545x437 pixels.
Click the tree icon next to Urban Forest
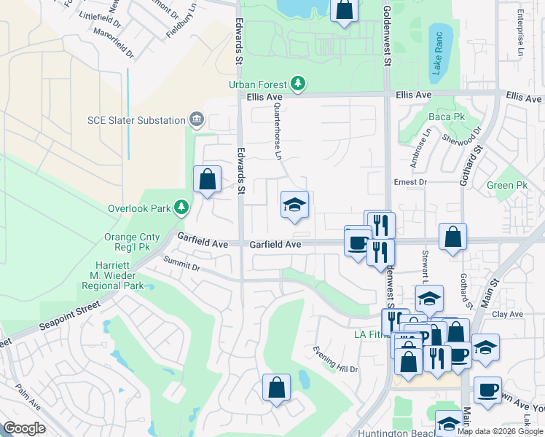coord(298,84)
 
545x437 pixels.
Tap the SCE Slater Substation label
coord(136,119)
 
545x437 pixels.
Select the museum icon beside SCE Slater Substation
coord(196,119)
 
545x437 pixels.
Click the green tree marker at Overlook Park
coord(181,208)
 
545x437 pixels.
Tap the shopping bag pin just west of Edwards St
coord(208,180)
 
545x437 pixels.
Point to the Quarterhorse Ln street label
coord(277,130)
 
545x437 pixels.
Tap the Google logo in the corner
coord(24,428)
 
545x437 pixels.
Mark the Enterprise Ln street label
coord(520,32)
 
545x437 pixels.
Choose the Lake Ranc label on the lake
coord(438,52)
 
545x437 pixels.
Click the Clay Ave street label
coord(508,315)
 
